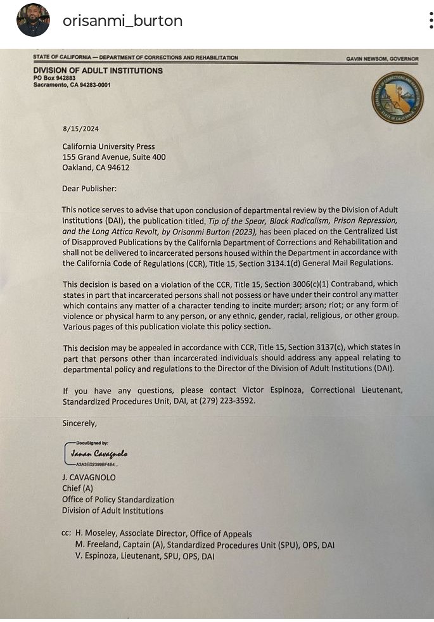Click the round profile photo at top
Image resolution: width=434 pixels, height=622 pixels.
(x=33, y=20)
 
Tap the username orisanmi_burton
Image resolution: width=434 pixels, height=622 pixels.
(x=122, y=20)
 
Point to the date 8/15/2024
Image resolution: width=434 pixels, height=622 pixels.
(x=80, y=129)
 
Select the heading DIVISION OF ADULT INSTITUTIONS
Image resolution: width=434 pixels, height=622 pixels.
(x=98, y=71)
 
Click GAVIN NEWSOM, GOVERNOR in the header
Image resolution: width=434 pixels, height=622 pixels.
(x=382, y=59)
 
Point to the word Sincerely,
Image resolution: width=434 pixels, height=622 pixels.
(x=79, y=422)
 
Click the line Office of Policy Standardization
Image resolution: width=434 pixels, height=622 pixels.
(x=117, y=499)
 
